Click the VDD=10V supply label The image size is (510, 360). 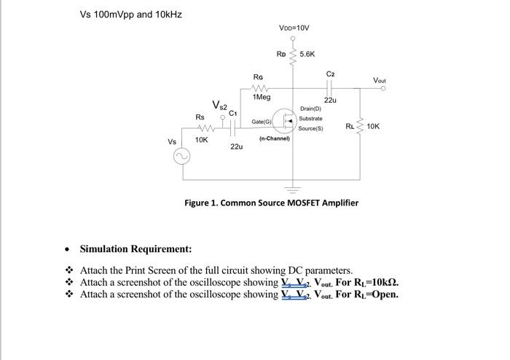coord(294,28)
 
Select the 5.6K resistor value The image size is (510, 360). coord(307,54)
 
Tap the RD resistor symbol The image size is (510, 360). coord(294,55)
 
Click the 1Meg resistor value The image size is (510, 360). coord(261,97)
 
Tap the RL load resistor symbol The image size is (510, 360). coord(360,127)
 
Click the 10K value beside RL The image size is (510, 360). coord(372,127)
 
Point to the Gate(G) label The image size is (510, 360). coord(262,121)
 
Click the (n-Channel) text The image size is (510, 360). coord(274,137)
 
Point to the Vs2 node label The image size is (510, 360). coord(219,107)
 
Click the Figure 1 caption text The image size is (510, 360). coord(271,202)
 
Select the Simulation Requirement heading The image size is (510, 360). coord(136,249)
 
